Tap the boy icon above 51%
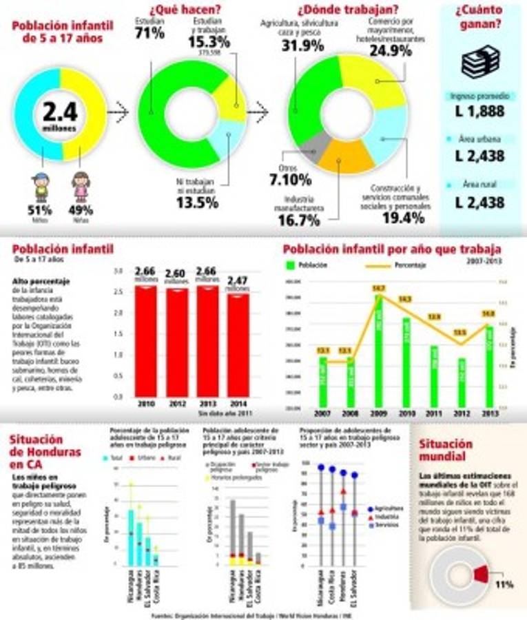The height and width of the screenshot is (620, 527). (41, 186)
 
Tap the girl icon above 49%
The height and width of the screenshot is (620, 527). (81, 186)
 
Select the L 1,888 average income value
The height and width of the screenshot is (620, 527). (480, 112)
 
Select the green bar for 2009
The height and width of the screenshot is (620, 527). (378, 351)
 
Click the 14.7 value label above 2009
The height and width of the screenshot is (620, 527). (378, 288)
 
